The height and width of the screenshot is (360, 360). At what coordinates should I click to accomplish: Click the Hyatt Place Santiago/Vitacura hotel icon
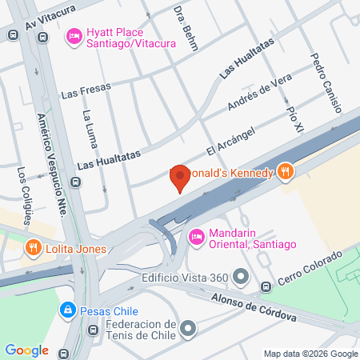74,34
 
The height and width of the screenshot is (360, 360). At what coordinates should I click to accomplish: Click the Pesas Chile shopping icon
68,310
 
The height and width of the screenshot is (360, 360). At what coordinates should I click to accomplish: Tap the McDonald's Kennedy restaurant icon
284,171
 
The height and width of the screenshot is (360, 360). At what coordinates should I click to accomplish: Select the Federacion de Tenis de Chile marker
188,328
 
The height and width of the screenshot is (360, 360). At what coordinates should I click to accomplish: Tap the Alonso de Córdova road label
254,306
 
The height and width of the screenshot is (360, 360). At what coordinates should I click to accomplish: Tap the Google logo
26,350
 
